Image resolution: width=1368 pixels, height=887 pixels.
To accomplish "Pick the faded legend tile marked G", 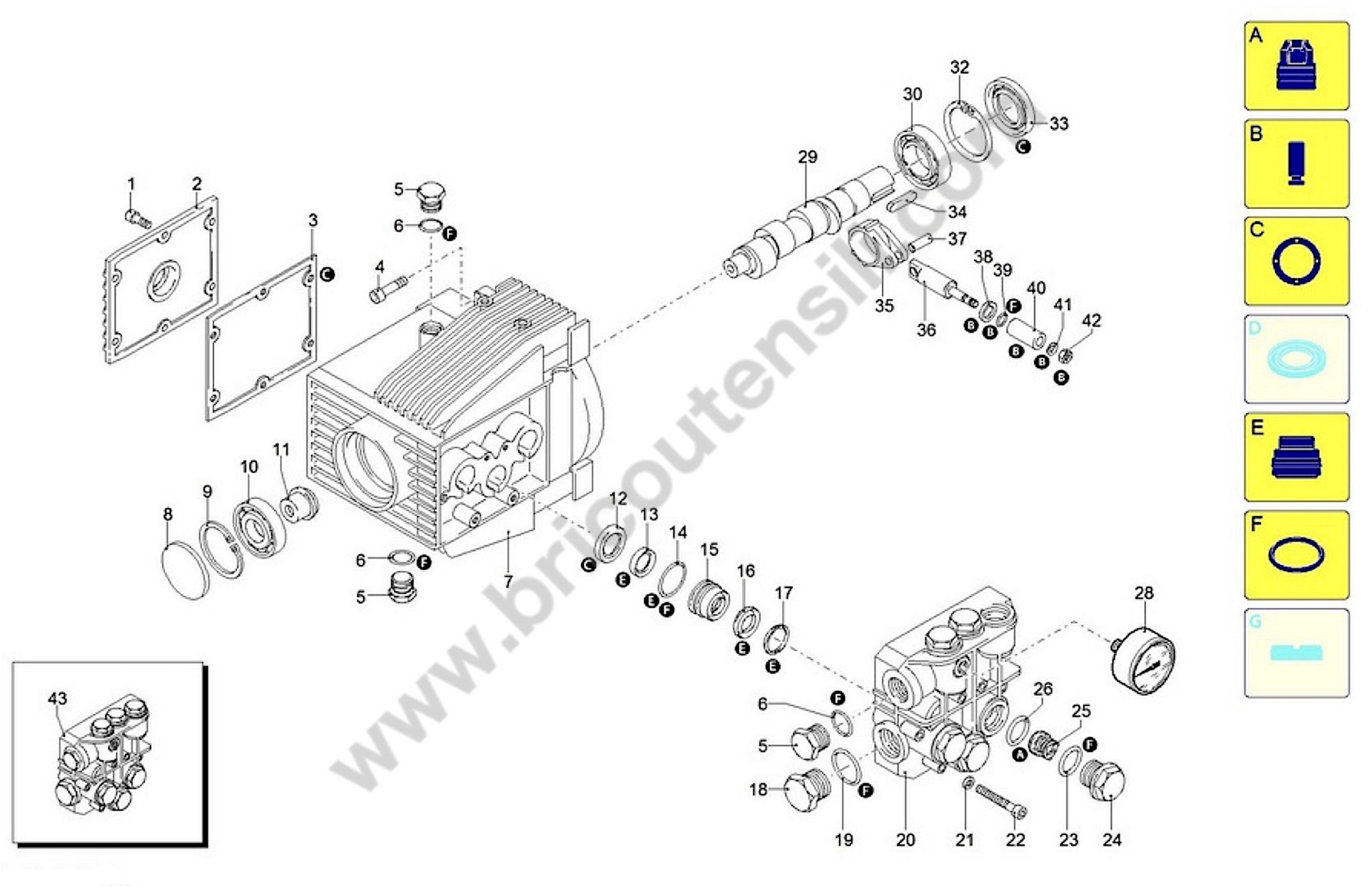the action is pyautogui.click(x=1296, y=652).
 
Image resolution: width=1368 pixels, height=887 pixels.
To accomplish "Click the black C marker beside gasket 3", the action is pyautogui.click(x=327, y=274).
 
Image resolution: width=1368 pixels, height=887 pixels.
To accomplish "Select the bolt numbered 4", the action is pyautogui.click(x=388, y=288).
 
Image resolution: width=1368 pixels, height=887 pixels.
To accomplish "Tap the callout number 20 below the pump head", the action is pyautogui.click(x=905, y=840).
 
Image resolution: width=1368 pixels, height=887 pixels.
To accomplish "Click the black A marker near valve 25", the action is pyautogui.click(x=1020, y=755).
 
